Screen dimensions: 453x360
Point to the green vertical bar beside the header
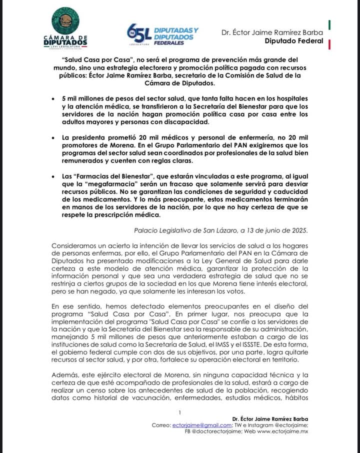tap(329, 24)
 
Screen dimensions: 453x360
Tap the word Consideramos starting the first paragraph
tap(75, 246)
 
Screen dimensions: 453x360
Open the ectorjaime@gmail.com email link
tap(195, 425)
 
